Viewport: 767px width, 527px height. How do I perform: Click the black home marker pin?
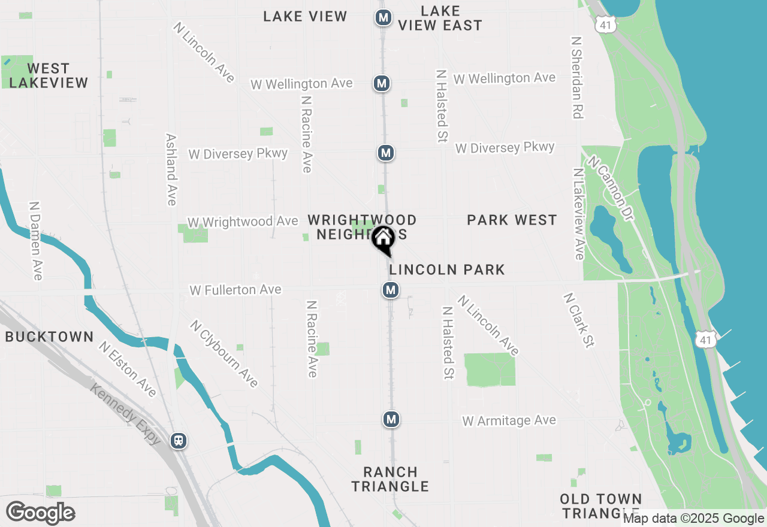(383, 240)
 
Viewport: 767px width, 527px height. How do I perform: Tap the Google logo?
(41, 513)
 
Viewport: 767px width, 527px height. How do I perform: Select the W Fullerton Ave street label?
(235, 290)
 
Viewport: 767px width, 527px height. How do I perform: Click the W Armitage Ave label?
(509, 421)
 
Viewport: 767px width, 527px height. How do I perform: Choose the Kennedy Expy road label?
(126, 413)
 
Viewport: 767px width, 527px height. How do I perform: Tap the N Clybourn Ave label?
(224, 353)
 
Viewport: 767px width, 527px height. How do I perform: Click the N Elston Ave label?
(128, 369)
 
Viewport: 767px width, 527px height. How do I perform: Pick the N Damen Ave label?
(36, 240)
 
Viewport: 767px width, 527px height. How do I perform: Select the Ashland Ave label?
(171, 169)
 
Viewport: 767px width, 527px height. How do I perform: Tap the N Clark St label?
(578, 320)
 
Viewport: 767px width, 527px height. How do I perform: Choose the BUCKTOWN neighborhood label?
(49, 337)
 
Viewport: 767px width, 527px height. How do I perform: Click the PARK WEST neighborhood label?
(512, 220)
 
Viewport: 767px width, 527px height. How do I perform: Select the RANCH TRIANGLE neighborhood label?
(390, 479)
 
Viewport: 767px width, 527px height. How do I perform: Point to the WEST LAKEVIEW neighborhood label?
(49, 75)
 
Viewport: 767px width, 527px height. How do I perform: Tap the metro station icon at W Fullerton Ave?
(391, 290)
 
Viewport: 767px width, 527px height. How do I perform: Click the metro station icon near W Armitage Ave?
(391, 419)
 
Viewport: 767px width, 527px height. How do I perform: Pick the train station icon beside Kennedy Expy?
(178, 441)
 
